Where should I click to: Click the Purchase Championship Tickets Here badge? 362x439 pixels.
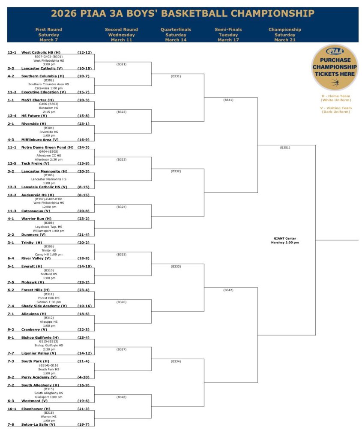click(x=335, y=67)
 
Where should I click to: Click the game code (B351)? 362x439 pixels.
click(x=285, y=147)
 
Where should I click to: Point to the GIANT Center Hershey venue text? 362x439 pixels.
click(x=285, y=241)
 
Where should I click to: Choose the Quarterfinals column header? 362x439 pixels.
click(x=176, y=35)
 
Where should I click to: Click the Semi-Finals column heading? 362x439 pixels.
click(x=228, y=35)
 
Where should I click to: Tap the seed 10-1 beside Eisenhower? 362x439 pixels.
click(x=12, y=409)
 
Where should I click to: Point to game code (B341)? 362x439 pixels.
click(x=228, y=100)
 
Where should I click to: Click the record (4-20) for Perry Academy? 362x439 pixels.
click(x=83, y=377)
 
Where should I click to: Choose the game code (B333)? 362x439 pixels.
click(x=176, y=266)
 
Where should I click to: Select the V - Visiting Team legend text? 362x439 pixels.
click(x=336, y=110)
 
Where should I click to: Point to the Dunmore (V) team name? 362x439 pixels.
click(x=33, y=235)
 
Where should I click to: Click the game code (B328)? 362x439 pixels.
click(x=122, y=397)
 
